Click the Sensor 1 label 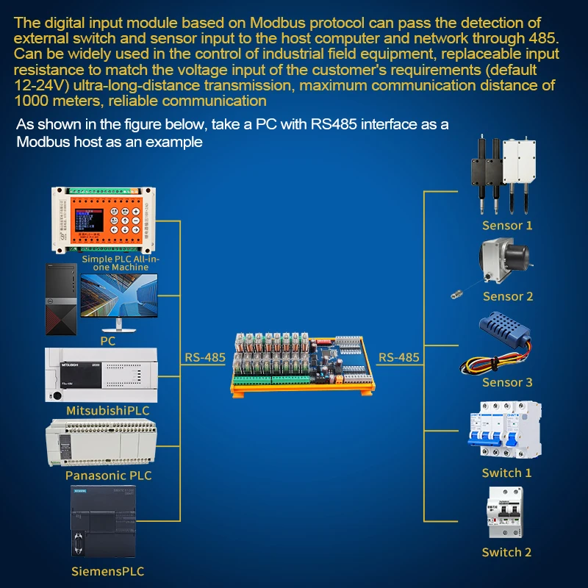(507, 226)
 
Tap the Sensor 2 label (508, 297)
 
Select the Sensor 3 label (507, 383)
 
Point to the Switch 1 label (506, 473)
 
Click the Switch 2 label (506, 553)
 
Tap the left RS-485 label (205, 359)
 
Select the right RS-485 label (399, 359)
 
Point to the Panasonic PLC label (108, 476)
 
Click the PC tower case (59, 300)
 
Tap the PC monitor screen (118, 299)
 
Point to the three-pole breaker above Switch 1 (504, 432)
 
